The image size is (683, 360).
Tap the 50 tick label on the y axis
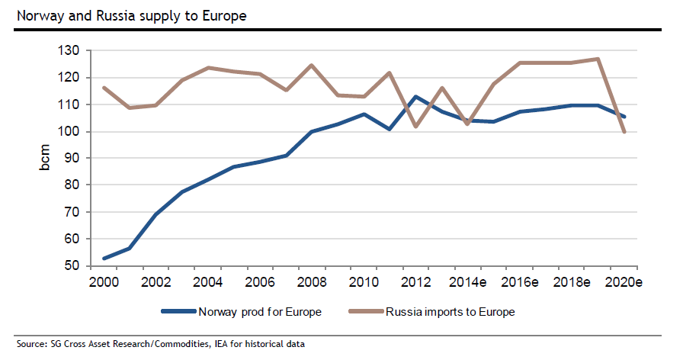[x=72, y=266]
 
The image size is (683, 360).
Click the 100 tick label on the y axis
[x=69, y=131]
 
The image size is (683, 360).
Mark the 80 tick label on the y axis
[x=72, y=185]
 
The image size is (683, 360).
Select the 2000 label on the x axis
[x=104, y=282]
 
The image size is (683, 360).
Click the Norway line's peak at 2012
[x=415, y=97]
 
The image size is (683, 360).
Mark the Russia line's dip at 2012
[x=415, y=127]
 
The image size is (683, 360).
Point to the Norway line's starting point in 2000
[x=104, y=259]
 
